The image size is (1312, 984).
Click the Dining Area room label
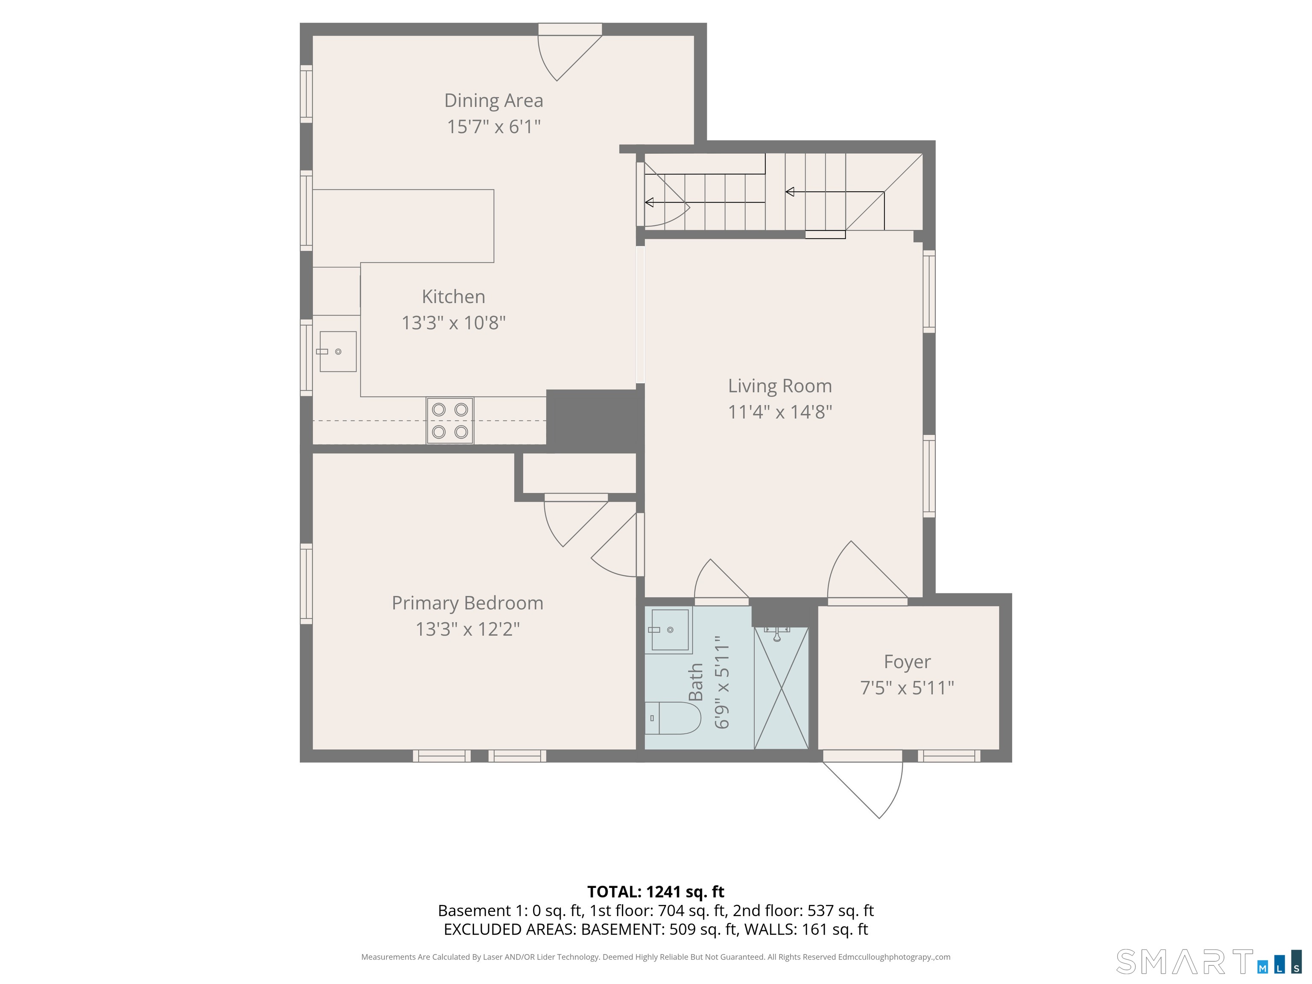(493, 101)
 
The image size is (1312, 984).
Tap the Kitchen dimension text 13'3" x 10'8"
(454, 323)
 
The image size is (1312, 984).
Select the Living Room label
(780, 386)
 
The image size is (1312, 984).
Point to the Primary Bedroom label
(467, 603)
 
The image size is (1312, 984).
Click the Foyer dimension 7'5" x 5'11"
(907, 688)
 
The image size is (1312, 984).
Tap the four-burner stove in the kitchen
(450, 421)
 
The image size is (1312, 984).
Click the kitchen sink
(338, 352)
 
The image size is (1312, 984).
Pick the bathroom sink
(670, 630)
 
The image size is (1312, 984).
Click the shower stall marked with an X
(781, 688)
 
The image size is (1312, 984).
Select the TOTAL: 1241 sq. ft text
(656, 892)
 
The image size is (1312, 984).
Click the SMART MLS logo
(1209, 961)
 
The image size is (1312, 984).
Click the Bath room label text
(696, 682)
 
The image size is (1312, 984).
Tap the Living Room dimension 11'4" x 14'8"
(780, 412)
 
